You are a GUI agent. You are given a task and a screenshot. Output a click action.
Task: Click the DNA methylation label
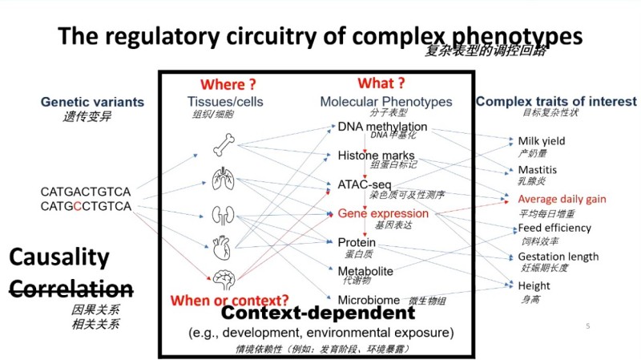[x=382, y=127]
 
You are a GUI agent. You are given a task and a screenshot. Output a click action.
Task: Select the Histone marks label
[x=376, y=155]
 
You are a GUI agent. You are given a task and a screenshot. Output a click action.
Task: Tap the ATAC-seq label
[x=364, y=185]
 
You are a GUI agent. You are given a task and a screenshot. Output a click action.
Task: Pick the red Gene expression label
[x=383, y=214]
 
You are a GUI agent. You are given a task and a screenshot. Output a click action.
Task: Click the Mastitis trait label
[x=538, y=170]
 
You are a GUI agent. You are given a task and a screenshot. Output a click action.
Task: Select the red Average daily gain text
[x=562, y=199]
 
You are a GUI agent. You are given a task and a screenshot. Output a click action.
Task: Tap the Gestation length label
[x=558, y=257]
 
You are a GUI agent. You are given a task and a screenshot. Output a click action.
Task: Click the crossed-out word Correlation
[x=71, y=288]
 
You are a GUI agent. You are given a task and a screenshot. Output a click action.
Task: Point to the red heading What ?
[x=381, y=83]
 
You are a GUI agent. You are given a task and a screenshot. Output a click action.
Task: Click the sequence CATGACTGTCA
[x=86, y=192]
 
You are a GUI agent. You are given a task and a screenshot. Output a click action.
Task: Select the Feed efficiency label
[x=554, y=228]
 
